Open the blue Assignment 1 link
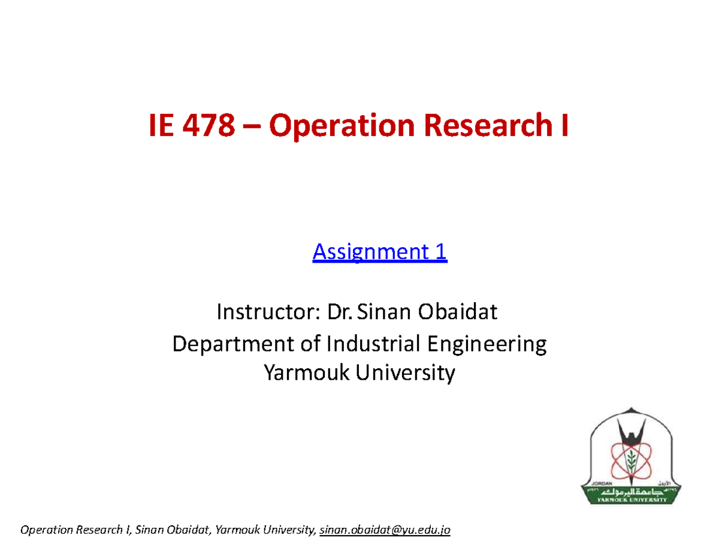pyautogui.click(x=380, y=253)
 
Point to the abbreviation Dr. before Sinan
pyautogui.click(x=340, y=312)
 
